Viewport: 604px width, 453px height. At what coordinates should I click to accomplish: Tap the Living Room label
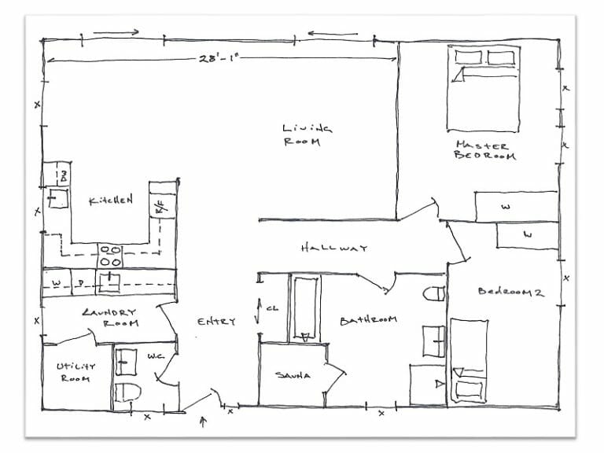[307, 134]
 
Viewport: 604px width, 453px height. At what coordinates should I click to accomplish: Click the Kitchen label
[110, 201]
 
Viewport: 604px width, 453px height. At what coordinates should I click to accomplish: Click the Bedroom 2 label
[511, 292]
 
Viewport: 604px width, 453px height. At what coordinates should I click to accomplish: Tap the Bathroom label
[368, 320]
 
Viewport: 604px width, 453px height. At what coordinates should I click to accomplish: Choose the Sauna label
[293, 376]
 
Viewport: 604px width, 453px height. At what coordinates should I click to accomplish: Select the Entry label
[216, 322]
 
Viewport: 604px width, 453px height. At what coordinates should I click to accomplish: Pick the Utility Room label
[75, 372]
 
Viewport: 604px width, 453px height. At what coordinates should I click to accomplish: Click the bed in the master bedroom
[483, 88]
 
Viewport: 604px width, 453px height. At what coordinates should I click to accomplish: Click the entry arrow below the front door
[204, 422]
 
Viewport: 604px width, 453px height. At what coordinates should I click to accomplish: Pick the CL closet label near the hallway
[272, 309]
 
